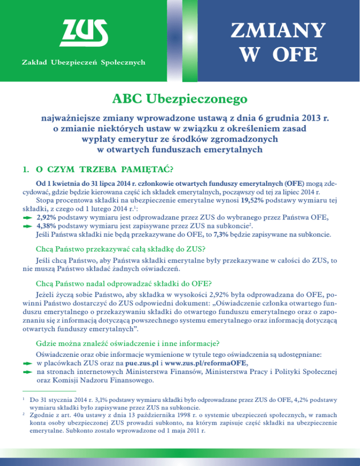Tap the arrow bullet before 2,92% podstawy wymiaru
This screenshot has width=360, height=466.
[28, 218]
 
